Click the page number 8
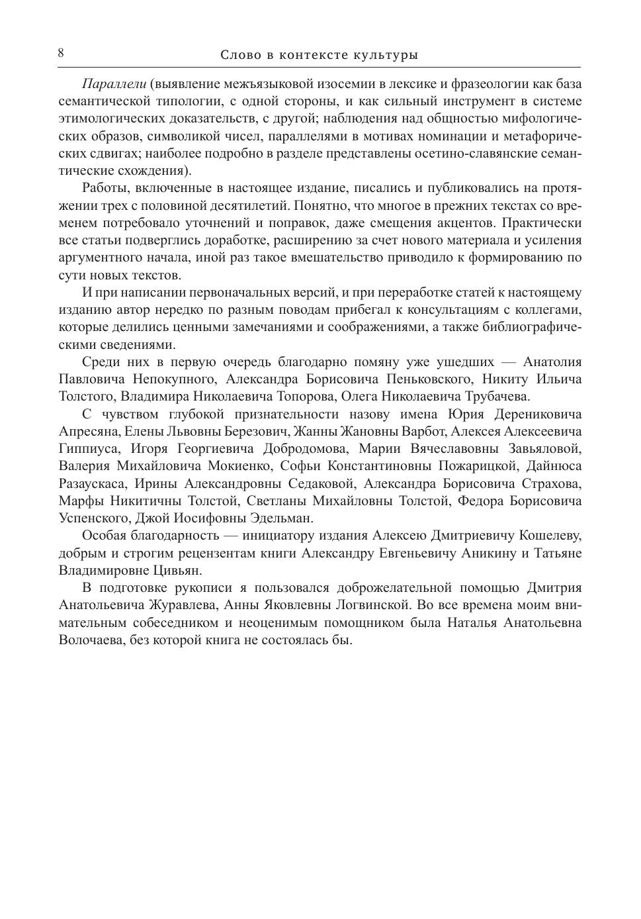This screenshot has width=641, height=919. click(x=61, y=54)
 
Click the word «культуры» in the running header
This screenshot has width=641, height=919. click(x=390, y=55)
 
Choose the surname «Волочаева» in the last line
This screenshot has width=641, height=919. click(x=92, y=640)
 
